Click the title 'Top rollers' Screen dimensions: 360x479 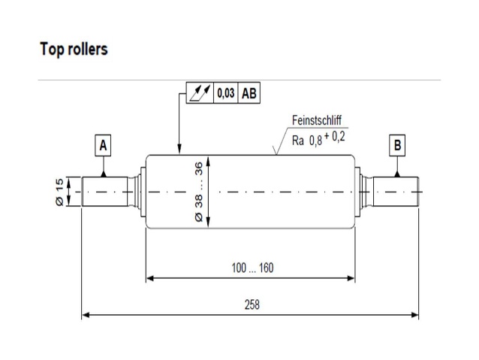point(74,50)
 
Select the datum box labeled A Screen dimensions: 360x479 point(104,144)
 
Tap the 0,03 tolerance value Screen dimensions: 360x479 point(225,94)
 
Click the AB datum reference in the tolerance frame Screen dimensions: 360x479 point(249,94)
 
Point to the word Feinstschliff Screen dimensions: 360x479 point(318,120)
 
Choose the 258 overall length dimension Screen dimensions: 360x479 point(253,304)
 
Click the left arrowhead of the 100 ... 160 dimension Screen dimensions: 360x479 point(150,278)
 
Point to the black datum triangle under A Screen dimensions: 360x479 point(104,173)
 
